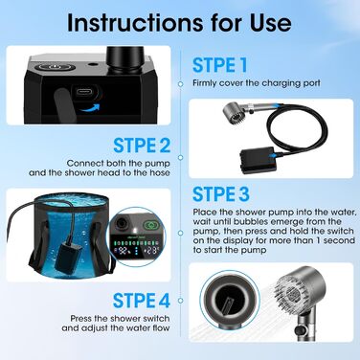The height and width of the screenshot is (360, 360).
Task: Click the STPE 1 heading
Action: [x=220, y=65]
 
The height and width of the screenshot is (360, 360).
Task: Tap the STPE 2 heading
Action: [x=142, y=146]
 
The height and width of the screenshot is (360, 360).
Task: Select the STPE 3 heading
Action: [x=221, y=193]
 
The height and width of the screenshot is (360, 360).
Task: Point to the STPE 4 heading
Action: [x=142, y=301]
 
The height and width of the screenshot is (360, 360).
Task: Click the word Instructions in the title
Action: [x=134, y=22]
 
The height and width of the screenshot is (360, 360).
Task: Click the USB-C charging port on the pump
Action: [x=87, y=93]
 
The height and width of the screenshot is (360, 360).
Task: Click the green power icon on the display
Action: [x=150, y=225]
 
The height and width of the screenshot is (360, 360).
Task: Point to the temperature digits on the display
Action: [x=151, y=251]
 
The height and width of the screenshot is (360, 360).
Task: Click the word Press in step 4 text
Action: [x=80, y=318]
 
